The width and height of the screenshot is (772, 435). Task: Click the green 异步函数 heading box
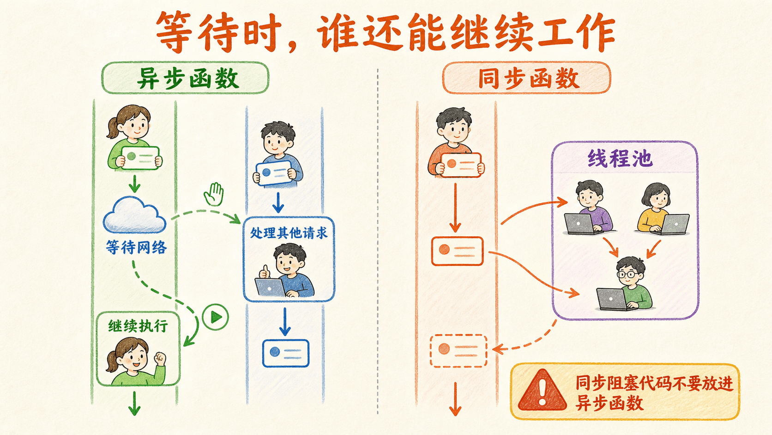(185, 78)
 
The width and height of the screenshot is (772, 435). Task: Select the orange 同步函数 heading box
(527, 78)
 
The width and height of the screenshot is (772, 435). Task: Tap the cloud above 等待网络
(134, 214)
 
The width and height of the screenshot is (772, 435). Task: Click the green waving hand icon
(214, 194)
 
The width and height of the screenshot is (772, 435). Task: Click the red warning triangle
(542, 391)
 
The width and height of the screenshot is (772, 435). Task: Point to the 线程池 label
(620, 159)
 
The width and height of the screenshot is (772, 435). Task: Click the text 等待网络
(136, 247)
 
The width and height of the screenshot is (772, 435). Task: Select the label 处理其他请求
(289, 233)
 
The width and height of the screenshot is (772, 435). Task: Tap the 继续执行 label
(138, 325)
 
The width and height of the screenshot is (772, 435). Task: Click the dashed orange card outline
(458, 350)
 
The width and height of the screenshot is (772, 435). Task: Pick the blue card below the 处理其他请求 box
(286, 353)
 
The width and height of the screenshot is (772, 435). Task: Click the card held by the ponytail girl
(140, 158)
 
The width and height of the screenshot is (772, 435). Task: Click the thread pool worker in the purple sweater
(589, 208)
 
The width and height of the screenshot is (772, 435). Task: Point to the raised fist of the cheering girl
(160, 358)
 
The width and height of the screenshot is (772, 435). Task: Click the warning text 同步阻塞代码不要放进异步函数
(654, 392)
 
